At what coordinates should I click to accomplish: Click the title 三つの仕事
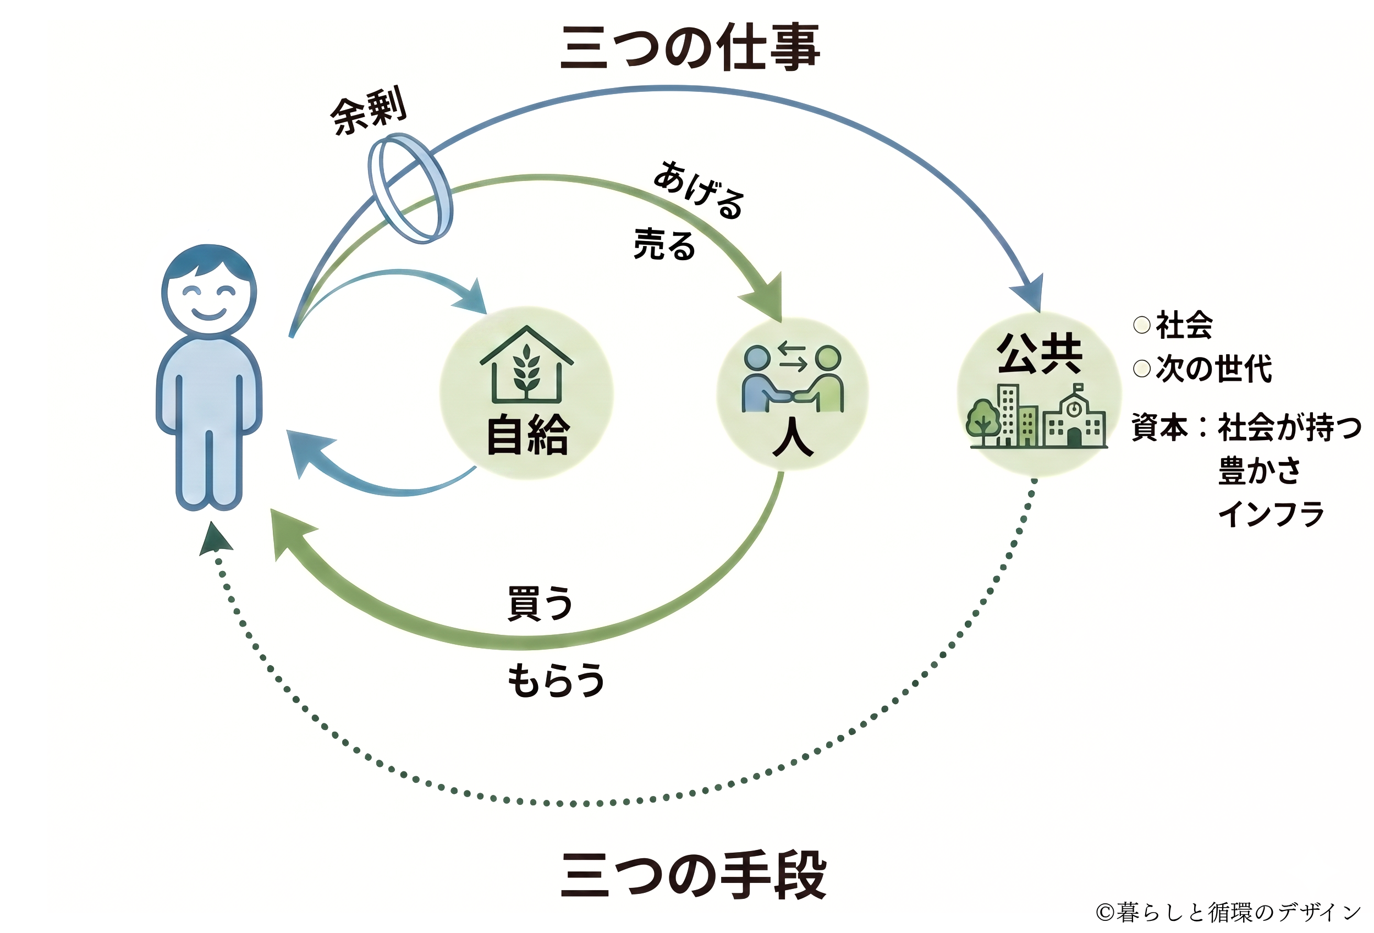[x=689, y=47]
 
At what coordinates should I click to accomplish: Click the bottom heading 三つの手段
[x=693, y=876]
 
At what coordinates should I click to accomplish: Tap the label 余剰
[x=369, y=111]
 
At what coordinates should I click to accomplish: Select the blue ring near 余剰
[x=410, y=188]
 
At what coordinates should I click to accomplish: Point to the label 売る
[x=664, y=245]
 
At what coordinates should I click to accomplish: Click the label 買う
[x=540, y=603]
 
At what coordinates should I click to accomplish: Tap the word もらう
[x=556, y=680]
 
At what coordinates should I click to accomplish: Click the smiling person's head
[x=208, y=290]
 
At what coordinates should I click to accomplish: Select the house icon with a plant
[x=526, y=365]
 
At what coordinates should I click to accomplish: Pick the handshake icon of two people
[x=792, y=378]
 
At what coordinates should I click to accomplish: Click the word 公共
[x=1040, y=353]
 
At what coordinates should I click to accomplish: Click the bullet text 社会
[x=1184, y=325]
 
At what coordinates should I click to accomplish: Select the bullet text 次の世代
[x=1213, y=369]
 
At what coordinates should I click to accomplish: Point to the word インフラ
[x=1271, y=513]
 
